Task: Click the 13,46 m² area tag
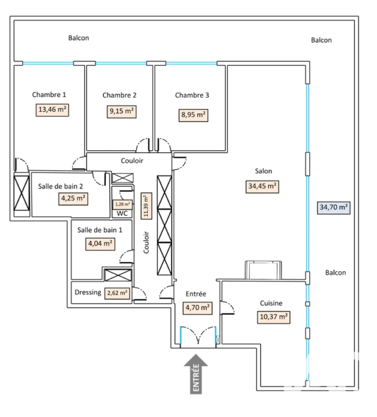(x=52, y=110)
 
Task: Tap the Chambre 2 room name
(x=120, y=95)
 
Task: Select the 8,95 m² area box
(x=193, y=115)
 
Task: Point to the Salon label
(x=263, y=171)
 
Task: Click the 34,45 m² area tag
(x=262, y=187)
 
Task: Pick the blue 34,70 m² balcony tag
(x=334, y=208)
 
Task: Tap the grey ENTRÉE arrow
(x=196, y=374)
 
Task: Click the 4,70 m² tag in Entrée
(x=197, y=308)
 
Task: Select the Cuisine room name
(x=271, y=303)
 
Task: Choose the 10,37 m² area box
(x=273, y=317)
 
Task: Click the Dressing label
(x=88, y=292)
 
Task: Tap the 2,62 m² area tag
(x=117, y=293)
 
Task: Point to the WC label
(x=122, y=213)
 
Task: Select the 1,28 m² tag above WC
(x=122, y=205)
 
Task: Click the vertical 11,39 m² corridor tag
(x=146, y=206)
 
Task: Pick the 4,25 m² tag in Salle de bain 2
(x=73, y=199)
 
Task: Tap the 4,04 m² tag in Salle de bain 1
(x=100, y=244)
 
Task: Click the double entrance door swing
(x=198, y=336)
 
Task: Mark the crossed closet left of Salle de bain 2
(x=22, y=193)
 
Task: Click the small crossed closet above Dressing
(x=118, y=275)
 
